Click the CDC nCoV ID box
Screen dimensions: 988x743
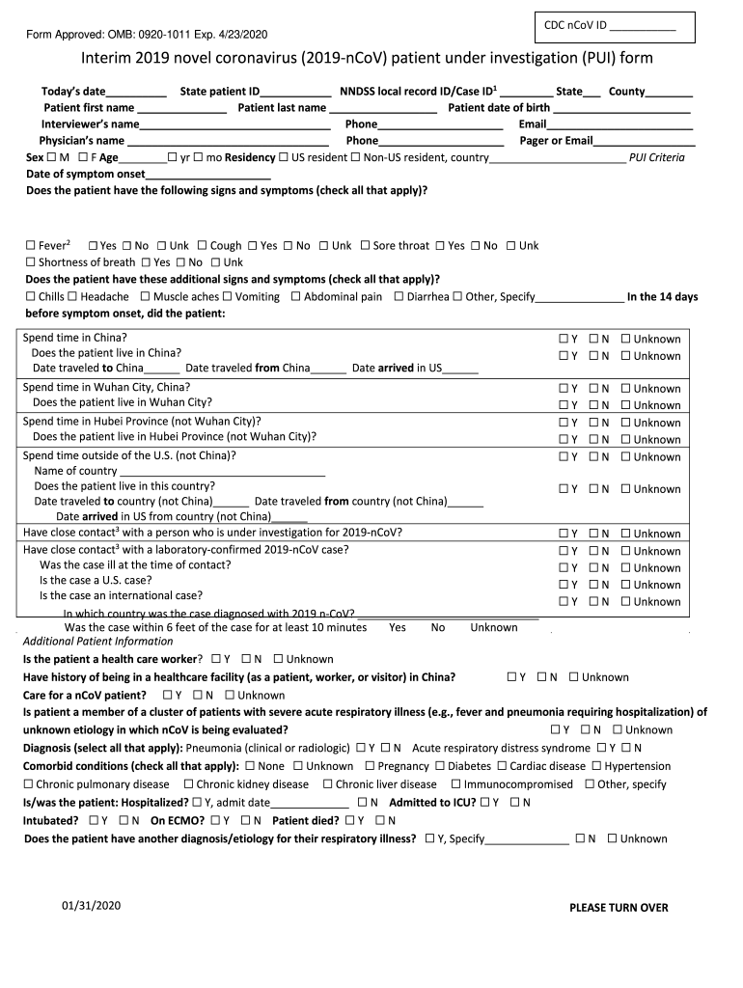pyautogui.click(x=614, y=28)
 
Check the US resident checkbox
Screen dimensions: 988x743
pyautogui.click(x=285, y=157)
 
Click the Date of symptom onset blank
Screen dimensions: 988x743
pyautogui.click(x=207, y=175)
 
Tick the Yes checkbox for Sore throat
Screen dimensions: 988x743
pyautogui.click(x=440, y=246)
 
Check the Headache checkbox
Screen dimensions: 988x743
pyautogui.click(x=72, y=297)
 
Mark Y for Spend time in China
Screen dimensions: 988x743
pyautogui.click(x=562, y=339)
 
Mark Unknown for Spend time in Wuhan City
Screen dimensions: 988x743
pyautogui.click(x=626, y=389)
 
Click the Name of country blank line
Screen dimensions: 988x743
pyautogui.click(x=222, y=472)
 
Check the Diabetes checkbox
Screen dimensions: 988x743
pyautogui.click(x=441, y=766)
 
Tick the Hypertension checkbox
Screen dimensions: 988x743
pyautogui.click(x=596, y=766)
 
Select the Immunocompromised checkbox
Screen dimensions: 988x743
pyautogui.click(x=456, y=784)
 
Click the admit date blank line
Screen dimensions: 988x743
pyautogui.click(x=309, y=804)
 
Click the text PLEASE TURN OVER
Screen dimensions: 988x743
pyautogui.click(x=619, y=908)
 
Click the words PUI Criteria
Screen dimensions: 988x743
pyautogui.click(x=656, y=157)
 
